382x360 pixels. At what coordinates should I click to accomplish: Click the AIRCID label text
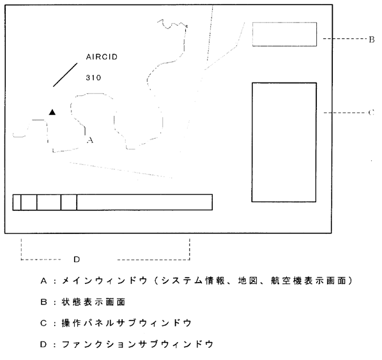coord(102,57)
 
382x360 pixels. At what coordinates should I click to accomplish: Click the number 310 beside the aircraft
coord(93,78)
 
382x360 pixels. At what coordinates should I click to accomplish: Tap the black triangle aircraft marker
coord(52,112)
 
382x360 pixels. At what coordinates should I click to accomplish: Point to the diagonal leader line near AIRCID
coord(65,75)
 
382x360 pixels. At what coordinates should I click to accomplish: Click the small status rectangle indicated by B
coord(284,34)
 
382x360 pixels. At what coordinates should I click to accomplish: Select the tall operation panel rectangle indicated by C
coord(284,142)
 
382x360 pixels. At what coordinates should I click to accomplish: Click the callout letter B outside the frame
coord(372,40)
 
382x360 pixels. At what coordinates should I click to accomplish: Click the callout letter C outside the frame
coord(371,113)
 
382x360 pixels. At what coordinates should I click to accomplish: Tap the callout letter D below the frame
coord(77,260)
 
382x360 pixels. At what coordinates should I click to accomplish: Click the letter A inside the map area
coord(90,140)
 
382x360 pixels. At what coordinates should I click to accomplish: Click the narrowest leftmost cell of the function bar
coord(17,202)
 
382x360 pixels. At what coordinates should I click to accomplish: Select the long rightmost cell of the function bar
coord(145,202)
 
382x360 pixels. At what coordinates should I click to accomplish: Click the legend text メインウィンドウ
coord(105,281)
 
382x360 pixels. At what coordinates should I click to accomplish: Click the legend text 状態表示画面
coord(93,302)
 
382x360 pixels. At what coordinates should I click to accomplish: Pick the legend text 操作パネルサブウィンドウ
coord(126,323)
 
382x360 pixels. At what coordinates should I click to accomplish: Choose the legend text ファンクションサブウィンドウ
coord(137,345)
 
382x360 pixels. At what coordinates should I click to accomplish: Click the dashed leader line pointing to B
coord(345,38)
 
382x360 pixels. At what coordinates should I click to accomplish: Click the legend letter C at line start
coord(43,324)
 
